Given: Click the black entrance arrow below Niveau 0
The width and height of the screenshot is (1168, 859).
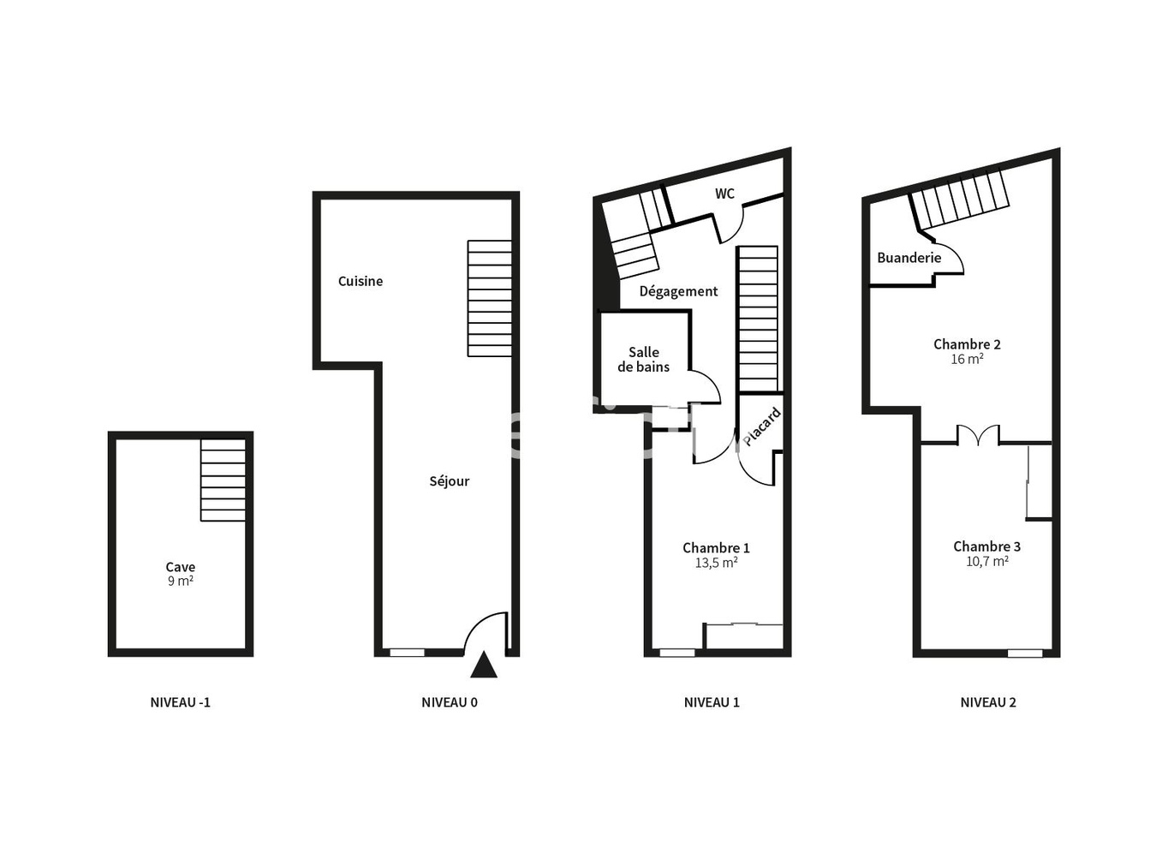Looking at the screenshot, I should pyautogui.click(x=484, y=665).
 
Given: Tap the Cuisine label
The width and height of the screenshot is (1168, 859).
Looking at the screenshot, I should pyautogui.click(x=361, y=281).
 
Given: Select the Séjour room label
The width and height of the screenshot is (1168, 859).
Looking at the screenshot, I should pyautogui.click(x=450, y=481).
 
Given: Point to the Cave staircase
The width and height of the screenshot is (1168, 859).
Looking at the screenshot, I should pyautogui.click(x=223, y=480).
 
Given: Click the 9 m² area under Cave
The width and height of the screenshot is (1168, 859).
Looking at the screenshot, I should pyautogui.click(x=180, y=582).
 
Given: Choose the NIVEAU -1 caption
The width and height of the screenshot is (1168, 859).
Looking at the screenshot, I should pyautogui.click(x=180, y=702).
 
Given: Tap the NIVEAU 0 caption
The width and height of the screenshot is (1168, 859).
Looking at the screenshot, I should pyautogui.click(x=450, y=702).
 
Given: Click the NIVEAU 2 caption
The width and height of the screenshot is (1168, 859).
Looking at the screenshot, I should pyautogui.click(x=988, y=702).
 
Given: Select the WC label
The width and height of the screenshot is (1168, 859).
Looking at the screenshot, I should pyautogui.click(x=724, y=194).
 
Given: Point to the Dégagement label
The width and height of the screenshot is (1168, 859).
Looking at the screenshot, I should pyautogui.click(x=678, y=291).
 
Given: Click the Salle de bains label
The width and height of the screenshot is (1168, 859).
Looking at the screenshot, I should pyautogui.click(x=644, y=360).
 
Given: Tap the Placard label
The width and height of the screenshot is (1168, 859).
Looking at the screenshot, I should pyautogui.click(x=761, y=427).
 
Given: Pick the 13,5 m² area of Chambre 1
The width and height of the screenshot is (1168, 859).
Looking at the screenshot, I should pyautogui.click(x=716, y=563).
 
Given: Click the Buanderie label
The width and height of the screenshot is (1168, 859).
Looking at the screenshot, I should pyautogui.click(x=909, y=258).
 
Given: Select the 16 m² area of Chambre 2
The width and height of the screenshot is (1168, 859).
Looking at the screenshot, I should pyautogui.click(x=967, y=360).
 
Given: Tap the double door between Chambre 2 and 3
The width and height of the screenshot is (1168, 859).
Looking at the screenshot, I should pyautogui.click(x=978, y=435).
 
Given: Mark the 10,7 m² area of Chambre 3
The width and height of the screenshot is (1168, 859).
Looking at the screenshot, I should pyautogui.click(x=986, y=562).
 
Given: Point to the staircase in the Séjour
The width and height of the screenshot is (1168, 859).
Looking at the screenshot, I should pyautogui.click(x=490, y=298).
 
